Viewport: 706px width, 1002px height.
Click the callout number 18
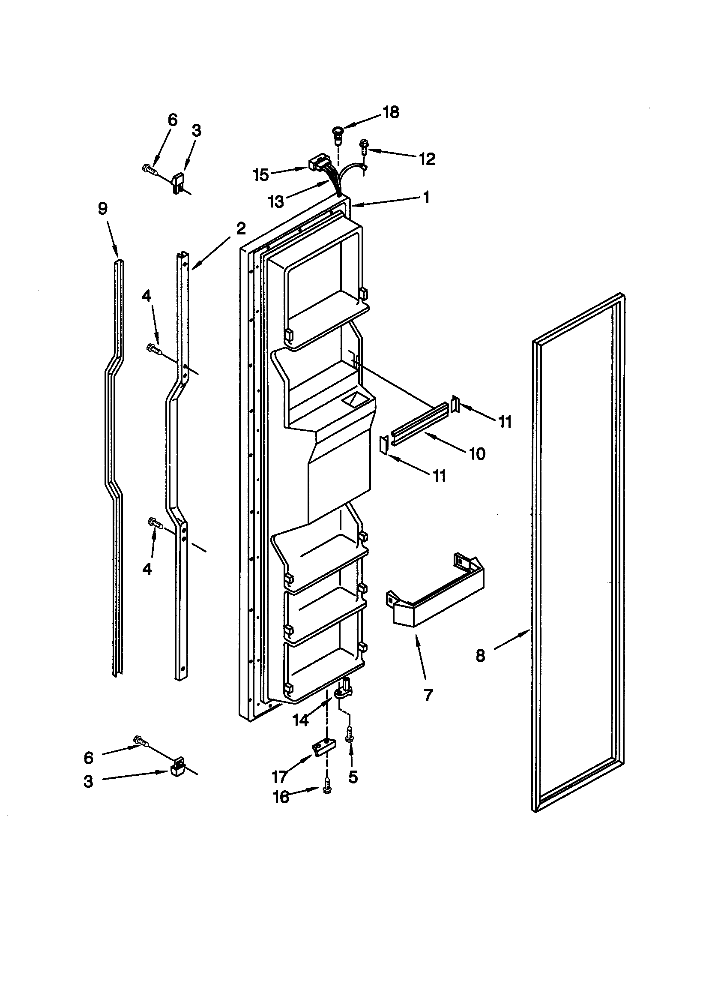(x=391, y=112)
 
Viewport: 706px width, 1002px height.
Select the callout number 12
(x=427, y=159)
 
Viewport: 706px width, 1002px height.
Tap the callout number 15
(x=261, y=175)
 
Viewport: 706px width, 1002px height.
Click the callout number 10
(x=477, y=454)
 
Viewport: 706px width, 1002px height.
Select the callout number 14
(x=300, y=720)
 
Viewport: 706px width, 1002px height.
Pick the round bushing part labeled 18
(x=337, y=132)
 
